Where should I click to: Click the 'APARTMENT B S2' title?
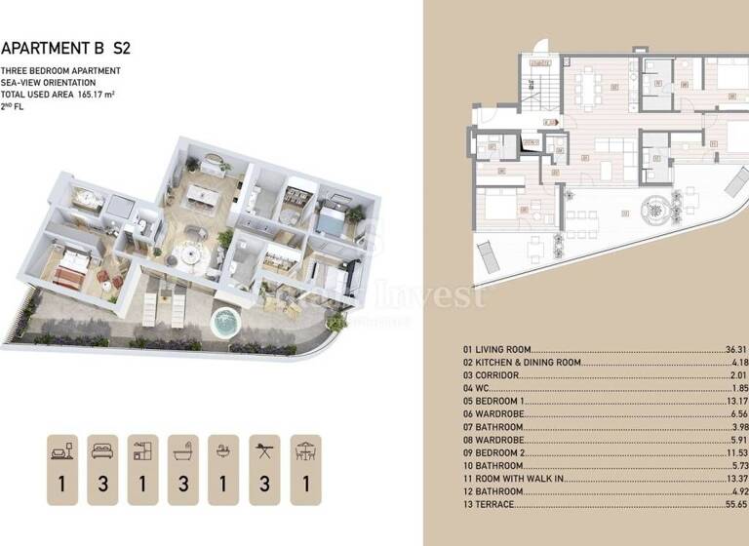[65, 47]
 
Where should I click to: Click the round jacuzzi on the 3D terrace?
[225, 322]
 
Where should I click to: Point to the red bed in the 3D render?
[70, 272]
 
